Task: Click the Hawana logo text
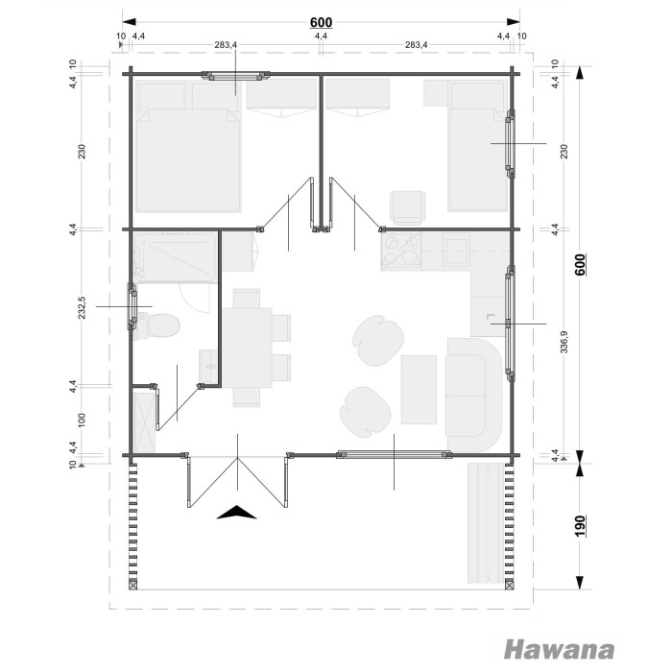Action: point(559,650)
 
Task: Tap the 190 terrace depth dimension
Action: point(580,526)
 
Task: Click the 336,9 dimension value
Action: point(564,342)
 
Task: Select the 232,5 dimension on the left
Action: point(83,307)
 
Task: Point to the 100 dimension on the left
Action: point(83,420)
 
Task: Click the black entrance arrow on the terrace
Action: point(236,513)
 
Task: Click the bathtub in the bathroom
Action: point(175,258)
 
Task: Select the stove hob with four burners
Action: point(401,252)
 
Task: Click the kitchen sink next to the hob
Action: point(455,252)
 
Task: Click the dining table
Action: point(247,348)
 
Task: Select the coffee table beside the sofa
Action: point(419,390)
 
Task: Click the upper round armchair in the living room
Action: point(377,341)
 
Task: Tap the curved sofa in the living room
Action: point(473,395)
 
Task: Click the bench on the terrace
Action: point(486,523)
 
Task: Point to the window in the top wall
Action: point(236,76)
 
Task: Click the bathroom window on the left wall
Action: point(132,306)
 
